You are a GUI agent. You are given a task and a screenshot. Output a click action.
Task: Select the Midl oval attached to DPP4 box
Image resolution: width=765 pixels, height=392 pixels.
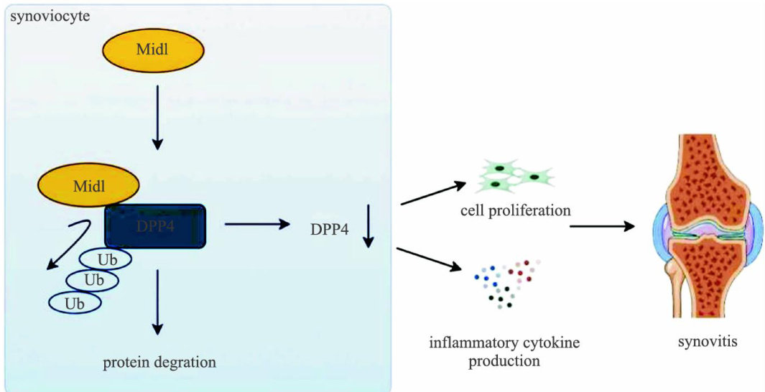point(88,187)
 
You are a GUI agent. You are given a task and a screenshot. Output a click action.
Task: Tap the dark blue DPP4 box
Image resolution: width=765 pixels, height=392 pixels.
point(155,225)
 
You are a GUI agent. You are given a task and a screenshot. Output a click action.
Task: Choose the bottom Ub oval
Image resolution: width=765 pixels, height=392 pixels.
point(75,302)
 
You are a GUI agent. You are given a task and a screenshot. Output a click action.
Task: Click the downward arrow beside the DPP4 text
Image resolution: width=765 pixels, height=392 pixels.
point(368,225)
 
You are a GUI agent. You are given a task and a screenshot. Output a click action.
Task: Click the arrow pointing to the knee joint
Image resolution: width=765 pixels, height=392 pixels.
point(602,227)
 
